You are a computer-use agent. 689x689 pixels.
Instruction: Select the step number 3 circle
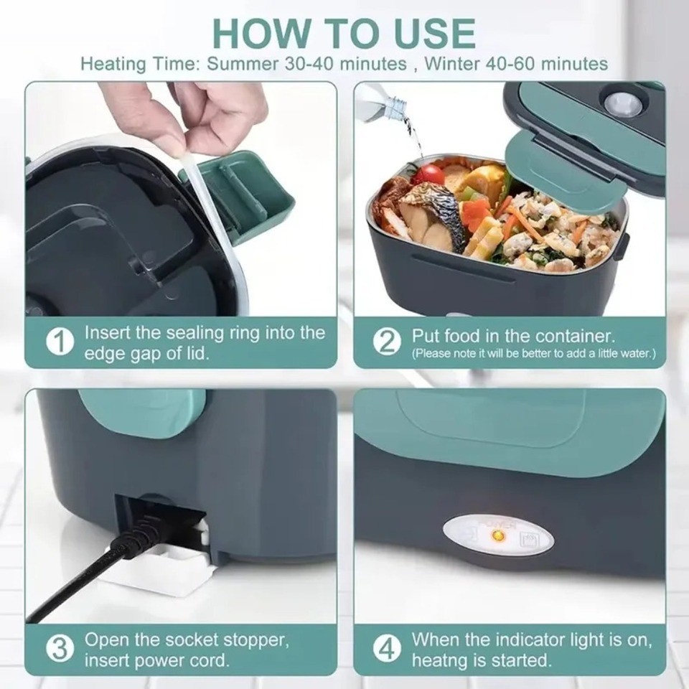[60, 650]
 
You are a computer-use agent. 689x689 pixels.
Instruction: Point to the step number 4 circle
[388, 650]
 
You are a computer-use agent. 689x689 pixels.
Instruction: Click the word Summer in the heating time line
[240, 64]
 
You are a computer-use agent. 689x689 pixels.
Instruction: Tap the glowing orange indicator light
[502, 534]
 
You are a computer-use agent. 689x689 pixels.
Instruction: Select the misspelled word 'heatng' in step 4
[440, 660]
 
